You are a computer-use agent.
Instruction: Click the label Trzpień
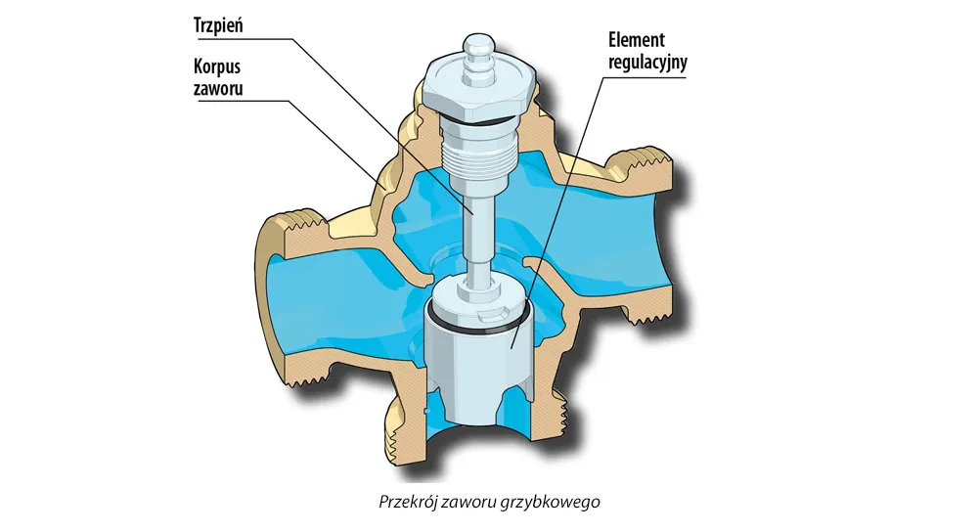[x=218, y=25]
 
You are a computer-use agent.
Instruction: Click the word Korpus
[x=217, y=66]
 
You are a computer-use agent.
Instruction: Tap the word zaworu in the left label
[x=218, y=88]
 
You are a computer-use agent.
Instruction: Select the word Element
[x=637, y=40]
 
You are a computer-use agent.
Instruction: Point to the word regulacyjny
[x=647, y=63]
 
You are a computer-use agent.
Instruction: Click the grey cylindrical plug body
[x=479, y=362]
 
